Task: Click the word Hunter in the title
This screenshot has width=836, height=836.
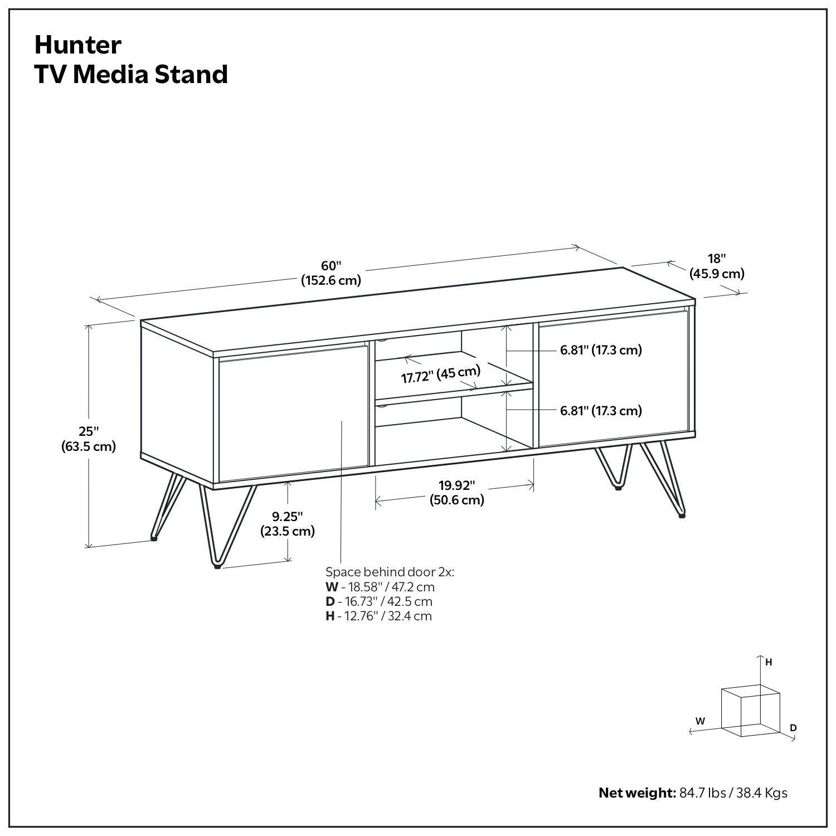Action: pyautogui.click(x=77, y=45)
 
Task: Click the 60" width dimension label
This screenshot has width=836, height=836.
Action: pyautogui.click(x=331, y=273)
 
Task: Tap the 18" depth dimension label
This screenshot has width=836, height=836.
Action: pyautogui.click(x=717, y=266)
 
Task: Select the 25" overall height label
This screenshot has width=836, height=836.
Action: pyautogui.click(x=89, y=439)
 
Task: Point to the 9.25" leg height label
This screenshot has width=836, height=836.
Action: pyautogui.click(x=288, y=523)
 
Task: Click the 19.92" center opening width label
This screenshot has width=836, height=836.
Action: pyautogui.click(x=456, y=492)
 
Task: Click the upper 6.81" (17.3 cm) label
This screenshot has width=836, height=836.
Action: pyautogui.click(x=601, y=350)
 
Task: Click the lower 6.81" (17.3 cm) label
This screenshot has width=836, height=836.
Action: pyautogui.click(x=601, y=411)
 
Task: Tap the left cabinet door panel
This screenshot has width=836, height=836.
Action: pyautogui.click(x=293, y=415)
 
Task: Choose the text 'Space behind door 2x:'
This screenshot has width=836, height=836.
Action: pyautogui.click(x=390, y=572)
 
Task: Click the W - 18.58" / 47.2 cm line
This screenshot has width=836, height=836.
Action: pyautogui.click(x=380, y=587)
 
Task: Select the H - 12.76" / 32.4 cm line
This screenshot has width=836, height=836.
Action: pyautogui.click(x=378, y=616)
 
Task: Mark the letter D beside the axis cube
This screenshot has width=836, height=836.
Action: pyautogui.click(x=793, y=728)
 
